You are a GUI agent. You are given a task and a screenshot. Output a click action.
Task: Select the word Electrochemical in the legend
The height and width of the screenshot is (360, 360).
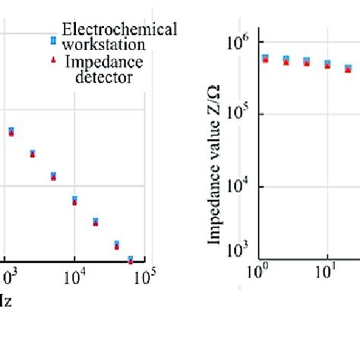point(119,30)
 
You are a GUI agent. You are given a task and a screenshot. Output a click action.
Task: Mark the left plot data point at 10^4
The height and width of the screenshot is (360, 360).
point(74,201)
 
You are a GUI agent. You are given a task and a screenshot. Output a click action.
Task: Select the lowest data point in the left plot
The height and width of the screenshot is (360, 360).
point(131,260)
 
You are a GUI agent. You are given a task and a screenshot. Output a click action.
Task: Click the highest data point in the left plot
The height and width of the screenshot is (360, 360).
point(11,131)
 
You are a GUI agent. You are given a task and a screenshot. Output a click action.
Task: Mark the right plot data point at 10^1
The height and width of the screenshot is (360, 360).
point(327,65)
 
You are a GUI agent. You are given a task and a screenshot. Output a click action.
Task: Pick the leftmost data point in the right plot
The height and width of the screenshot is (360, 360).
point(265,58)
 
